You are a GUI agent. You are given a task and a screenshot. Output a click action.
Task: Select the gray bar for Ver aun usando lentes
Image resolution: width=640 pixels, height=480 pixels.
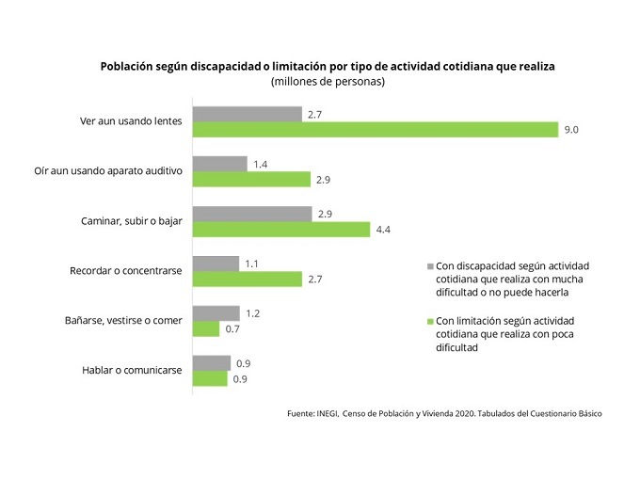point(247,114)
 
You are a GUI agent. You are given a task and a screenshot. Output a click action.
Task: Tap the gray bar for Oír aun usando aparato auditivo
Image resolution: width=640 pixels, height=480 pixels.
point(219,163)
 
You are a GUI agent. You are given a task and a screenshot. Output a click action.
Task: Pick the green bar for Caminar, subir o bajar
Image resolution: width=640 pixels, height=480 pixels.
point(280,229)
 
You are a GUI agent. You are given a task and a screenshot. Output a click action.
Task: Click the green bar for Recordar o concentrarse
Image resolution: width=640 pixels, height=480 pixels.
point(247,280)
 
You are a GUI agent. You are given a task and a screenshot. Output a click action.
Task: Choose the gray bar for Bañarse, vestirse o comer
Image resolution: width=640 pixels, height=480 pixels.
point(216,312)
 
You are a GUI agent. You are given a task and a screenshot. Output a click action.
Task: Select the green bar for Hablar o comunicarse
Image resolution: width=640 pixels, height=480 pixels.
point(210,378)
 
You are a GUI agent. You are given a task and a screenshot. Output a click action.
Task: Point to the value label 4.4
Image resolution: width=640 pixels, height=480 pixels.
point(382,229)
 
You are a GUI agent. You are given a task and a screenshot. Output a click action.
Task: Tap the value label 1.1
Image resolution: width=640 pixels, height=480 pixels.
point(252,264)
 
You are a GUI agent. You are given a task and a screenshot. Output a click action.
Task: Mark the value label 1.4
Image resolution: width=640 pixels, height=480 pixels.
point(261,164)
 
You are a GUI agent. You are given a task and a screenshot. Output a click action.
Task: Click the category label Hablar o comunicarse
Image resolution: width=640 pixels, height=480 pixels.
point(133,370)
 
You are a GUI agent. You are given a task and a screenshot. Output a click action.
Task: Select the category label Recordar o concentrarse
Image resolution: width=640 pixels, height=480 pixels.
point(125,271)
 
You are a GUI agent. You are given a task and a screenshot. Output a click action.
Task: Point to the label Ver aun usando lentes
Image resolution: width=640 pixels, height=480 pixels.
point(132,121)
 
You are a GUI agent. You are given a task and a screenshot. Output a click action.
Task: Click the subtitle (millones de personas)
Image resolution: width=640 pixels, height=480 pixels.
point(328,82)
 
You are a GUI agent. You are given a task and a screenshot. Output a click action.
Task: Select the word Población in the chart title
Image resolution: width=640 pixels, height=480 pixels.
point(130,66)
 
